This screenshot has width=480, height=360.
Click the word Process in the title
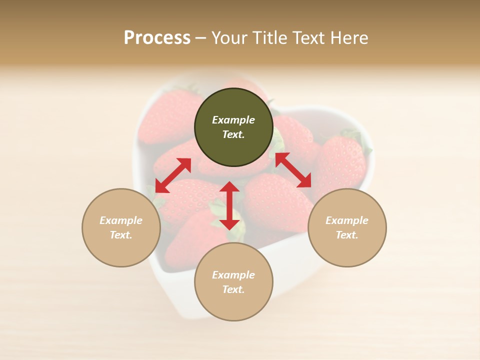coord(157,38)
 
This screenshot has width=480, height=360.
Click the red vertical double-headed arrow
coord(229,205)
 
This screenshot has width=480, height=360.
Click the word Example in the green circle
coord(233,120)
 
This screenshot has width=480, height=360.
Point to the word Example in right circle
coord(347,220)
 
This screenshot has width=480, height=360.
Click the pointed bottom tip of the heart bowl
coord(200,312)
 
